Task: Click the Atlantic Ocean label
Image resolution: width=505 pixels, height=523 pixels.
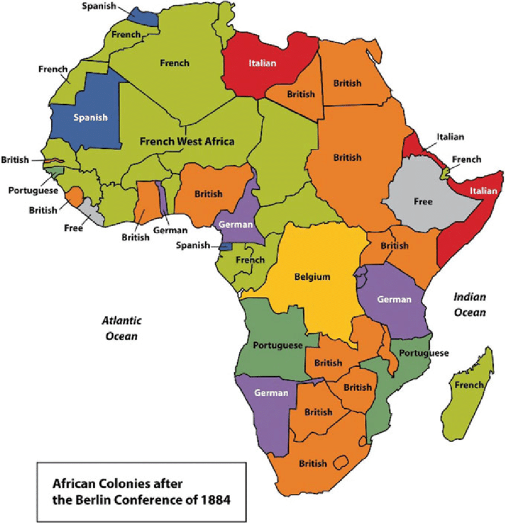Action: pyautogui.click(x=122, y=328)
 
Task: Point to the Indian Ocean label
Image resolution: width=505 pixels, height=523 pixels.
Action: pyautogui.click(x=470, y=304)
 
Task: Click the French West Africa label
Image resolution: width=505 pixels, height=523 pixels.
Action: pyautogui.click(x=187, y=142)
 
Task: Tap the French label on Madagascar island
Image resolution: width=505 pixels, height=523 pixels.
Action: pyautogui.click(x=469, y=385)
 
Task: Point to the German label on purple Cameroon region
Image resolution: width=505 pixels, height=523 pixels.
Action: pyautogui.click(x=236, y=225)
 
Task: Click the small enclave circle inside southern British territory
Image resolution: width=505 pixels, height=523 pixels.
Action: pyautogui.click(x=341, y=462)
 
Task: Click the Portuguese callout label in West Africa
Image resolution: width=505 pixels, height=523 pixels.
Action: pyautogui.click(x=33, y=190)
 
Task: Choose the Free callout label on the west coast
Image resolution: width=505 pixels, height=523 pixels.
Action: pyautogui.click(x=74, y=227)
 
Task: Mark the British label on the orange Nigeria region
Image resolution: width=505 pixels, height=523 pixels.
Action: pyautogui.click(x=208, y=194)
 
